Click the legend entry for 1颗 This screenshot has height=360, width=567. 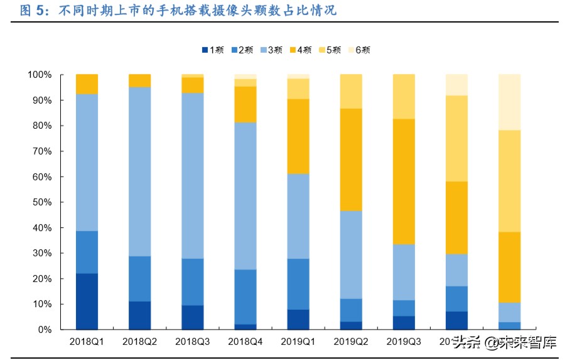[x=213, y=50]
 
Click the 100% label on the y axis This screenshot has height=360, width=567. [x=40, y=75]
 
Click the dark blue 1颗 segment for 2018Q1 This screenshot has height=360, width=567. [x=87, y=301]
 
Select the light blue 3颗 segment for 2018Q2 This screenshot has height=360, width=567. [x=139, y=172]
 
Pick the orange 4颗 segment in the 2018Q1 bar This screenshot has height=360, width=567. [x=87, y=84]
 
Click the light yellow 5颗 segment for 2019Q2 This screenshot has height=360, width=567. [x=350, y=92]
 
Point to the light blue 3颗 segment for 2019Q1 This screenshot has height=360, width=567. [x=298, y=216]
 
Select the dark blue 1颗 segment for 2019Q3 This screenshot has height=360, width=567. [x=403, y=322]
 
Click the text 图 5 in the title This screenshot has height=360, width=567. [x=32, y=11]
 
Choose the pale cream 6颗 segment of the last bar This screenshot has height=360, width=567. [x=509, y=102]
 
